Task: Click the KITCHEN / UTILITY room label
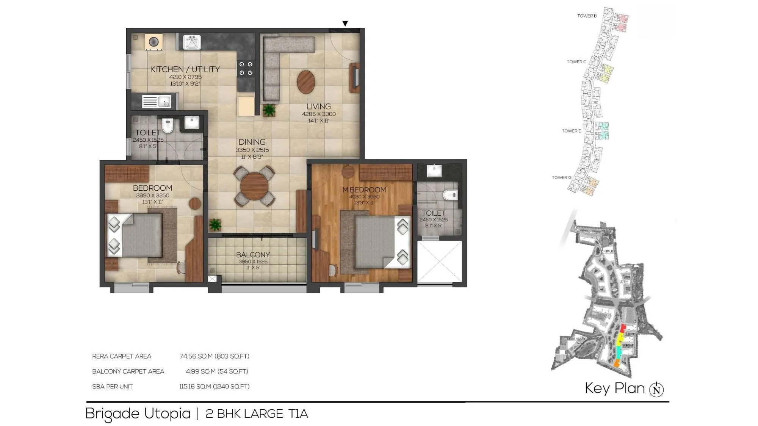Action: coord(185,69)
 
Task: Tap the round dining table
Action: coord(254,186)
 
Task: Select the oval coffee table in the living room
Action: coord(305,82)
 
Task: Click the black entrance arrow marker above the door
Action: coord(345,23)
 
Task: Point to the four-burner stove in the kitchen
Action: coord(246,69)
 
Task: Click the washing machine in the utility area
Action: coord(153,42)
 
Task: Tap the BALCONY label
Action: coord(253,255)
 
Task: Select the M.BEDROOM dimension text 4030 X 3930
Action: coord(364,197)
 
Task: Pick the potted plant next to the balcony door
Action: coord(215,225)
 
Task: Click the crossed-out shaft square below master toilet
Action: coord(440,262)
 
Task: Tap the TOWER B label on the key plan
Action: coord(587,16)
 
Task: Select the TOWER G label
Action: coord(561,177)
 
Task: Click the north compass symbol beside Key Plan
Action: coord(656,389)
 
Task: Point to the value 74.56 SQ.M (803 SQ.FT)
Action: coord(214,356)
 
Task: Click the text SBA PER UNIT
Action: coord(112,387)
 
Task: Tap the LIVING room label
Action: coord(318,106)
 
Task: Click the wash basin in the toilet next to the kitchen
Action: coord(192,122)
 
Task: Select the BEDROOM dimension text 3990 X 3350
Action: coord(152,196)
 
